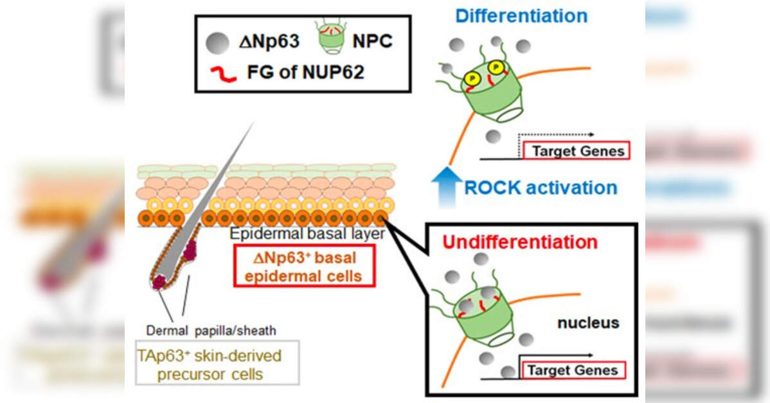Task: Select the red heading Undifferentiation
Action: coord(520,242)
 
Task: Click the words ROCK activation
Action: coord(540,188)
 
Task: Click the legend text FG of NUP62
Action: coord(305,71)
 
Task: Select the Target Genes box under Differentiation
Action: coord(576,151)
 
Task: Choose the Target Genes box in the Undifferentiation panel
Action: coord(571,370)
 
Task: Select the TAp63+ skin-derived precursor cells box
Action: coord(209,364)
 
